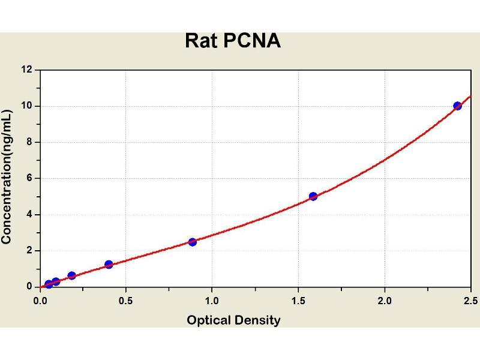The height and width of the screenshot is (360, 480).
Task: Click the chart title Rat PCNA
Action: pyautogui.click(x=233, y=41)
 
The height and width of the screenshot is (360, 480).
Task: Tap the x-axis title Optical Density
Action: pyautogui.click(x=233, y=320)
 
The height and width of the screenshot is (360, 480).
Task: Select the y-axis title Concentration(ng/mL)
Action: pyautogui.click(x=7, y=178)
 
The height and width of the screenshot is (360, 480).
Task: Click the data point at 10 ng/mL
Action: pyautogui.click(x=458, y=106)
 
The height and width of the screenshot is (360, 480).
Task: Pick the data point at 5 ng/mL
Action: pyautogui.click(x=313, y=196)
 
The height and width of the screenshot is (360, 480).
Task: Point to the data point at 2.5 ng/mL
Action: pyautogui.click(x=192, y=242)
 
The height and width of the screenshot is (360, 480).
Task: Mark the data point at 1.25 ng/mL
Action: pyautogui.click(x=109, y=264)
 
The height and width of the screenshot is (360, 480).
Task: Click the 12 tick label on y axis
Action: pyautogui.click(x=27, y=70)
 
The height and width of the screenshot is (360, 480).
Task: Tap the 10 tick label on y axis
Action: pyautogui.click(x=27, y=106)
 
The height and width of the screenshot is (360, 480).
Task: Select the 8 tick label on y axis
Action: pyautogui.click(x=29, y=142)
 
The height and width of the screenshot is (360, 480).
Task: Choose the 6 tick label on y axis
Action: pyautogui.click(x=29, y=178)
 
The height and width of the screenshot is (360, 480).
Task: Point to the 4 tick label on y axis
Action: pyautogui.click(x=29, y=214)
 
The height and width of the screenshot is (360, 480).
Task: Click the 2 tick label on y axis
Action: pyautogui.click(x=29, y=250)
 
